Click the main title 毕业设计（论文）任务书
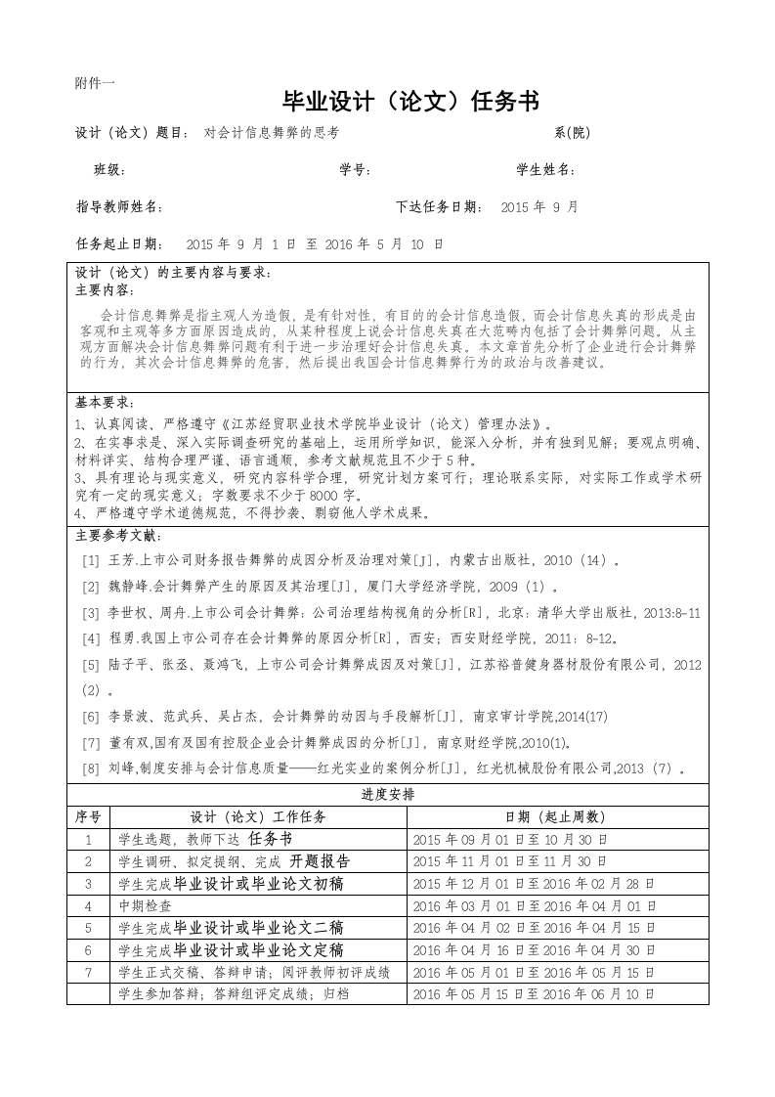pyautogui.click(x=410, y=102)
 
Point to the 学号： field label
pyautogui.click(x=355, y=170)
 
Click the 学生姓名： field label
pyautogui.click(x=546, y=170)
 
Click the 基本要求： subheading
pyautogui.click(x=106, y=403)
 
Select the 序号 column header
pyautogui.click(x=88, y=816)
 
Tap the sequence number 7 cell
pyautogui.click(x=88, y=972)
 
